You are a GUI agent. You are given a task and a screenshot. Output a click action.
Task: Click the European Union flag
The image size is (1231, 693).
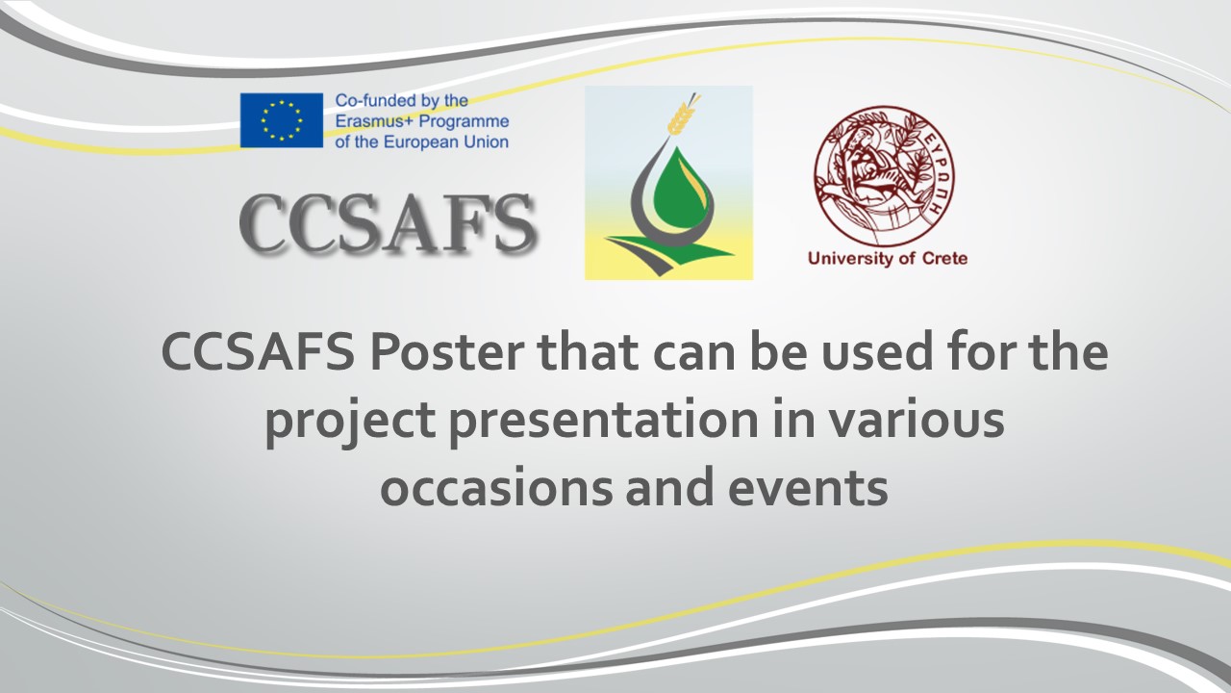281,120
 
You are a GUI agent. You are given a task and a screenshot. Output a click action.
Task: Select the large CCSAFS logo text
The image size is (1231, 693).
387,224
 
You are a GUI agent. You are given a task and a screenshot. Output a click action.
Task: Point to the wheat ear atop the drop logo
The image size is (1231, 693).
683,115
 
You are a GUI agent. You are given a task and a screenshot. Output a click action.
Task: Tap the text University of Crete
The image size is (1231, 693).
887,258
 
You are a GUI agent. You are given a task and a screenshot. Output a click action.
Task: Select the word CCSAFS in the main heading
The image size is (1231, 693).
258,353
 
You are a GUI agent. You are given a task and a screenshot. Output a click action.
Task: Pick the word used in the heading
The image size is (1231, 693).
828,353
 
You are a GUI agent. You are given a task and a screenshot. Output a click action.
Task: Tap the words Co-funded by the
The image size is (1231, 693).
401,100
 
